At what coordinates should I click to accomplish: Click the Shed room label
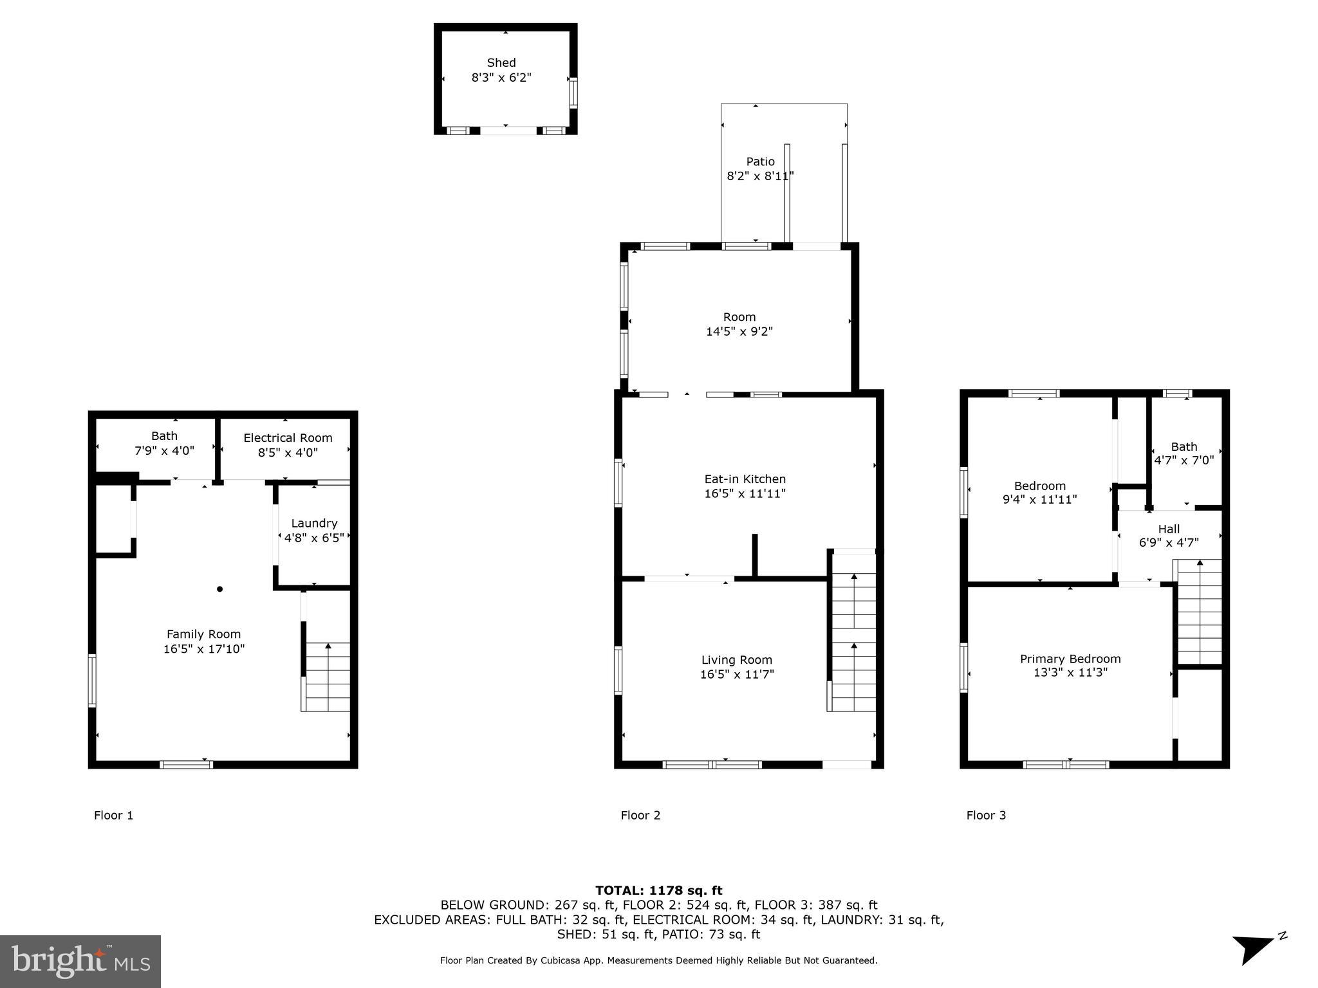pyautogui.click(x=501, y=63)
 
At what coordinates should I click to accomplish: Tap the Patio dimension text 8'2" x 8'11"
pyautogui.click(x=760, y=176)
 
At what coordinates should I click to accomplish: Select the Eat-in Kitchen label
pyautogui.click(x=745, y=479)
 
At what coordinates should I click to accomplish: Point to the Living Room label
pyautogui.click(x=736, y=660)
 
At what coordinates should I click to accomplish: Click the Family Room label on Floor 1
pyautogui.click(x=203, y=634)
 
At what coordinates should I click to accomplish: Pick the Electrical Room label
pyautogui.click(x=288, y=438)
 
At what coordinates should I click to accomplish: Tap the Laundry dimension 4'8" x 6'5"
pyautogui.click(x=314, y=538)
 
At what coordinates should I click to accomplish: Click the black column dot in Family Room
pyautogui.click(x=219, y=589)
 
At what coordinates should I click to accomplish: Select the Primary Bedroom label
pyautogui.click(x=1070, y=659)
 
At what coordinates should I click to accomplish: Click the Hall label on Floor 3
pyautogui.click(x=1169, y=529)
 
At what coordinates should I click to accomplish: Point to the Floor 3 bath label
pyautogui.click(x=1183, y=447)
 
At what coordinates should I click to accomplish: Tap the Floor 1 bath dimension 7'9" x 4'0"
pyautogui.click(x=164, y=452)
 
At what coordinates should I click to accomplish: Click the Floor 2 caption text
pyautogui.click(x=640, y=816)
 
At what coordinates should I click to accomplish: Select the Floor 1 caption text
pyautogui.click(x=113, y=816)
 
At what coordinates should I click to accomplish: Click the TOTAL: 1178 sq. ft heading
pyautogui.click(x=658, y=891)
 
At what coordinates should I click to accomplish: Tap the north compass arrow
pyautogui.click(x=1251, y=948)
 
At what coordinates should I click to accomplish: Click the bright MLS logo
pyautogui.click(x=80, y=961)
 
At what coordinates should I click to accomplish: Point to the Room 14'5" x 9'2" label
pyautogui.click(x=739, y=324)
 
